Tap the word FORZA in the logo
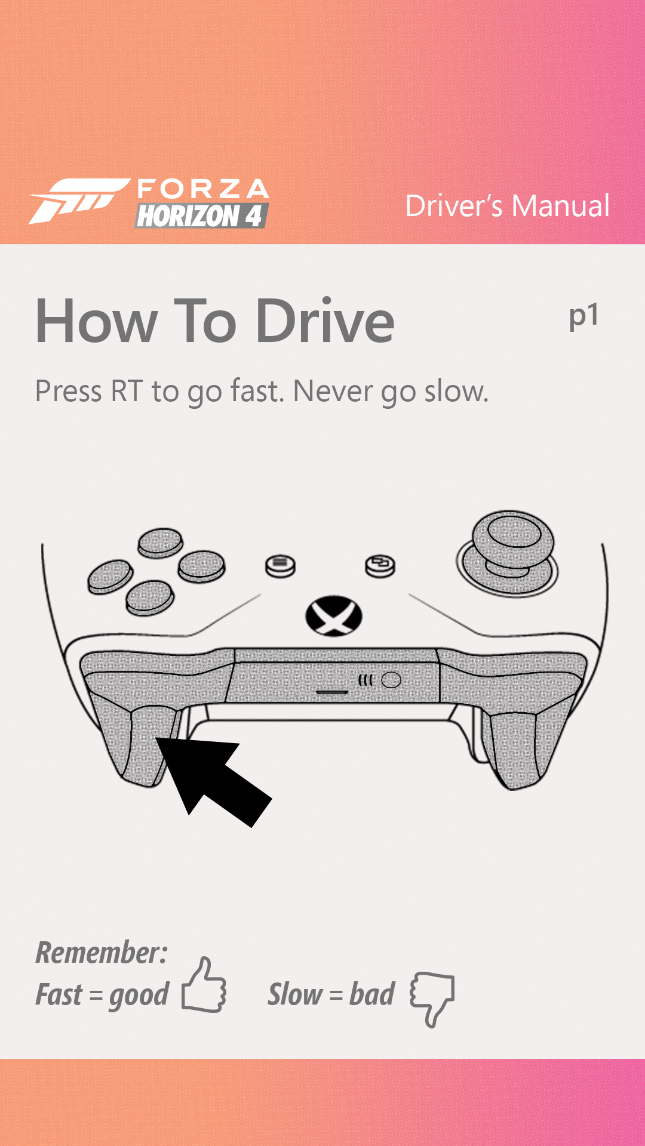203,189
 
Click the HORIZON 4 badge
201,216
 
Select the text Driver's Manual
507,206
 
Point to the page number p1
583,316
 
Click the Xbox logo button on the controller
334,616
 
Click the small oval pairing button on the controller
391,680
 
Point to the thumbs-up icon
204,986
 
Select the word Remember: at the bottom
102,953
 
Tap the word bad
371,994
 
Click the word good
139,996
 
